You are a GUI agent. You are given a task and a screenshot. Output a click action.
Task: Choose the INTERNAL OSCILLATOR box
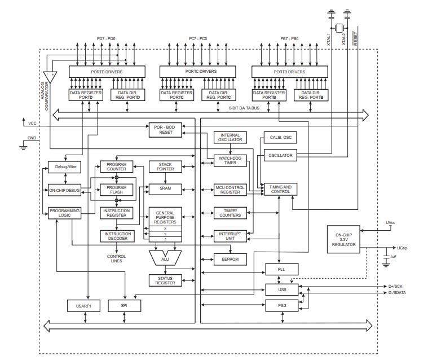pos(230,138)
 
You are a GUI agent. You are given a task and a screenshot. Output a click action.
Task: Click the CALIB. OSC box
pos(280,137)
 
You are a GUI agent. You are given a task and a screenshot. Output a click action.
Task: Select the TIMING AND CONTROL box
pos(280,190)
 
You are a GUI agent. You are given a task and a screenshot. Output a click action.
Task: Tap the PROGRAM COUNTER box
pos(116,167)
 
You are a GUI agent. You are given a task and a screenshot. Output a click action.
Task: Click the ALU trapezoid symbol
pos(165,258)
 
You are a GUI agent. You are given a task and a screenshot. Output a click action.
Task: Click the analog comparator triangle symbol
pos(48,74)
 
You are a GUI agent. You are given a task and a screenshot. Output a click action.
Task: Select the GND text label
pos(32,138)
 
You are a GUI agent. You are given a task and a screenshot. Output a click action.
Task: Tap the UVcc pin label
pos(390,223)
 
